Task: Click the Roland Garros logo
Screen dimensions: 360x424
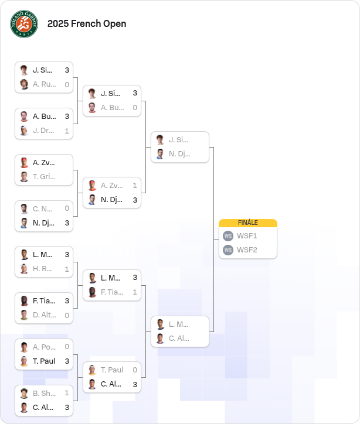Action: [24, 24]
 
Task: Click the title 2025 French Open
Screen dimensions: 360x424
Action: [87, 24]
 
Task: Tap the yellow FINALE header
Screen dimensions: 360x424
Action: [248, 223]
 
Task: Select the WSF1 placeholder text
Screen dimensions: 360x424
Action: [247, 236]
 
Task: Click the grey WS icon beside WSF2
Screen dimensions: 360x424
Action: [228, 250]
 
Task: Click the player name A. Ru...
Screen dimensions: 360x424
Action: [45, 84]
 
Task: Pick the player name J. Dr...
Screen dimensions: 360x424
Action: [43, 131]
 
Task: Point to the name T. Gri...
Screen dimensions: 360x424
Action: [44, 177]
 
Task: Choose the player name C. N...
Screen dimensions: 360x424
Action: [42, 209]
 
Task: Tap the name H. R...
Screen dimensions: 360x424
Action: [42, 269]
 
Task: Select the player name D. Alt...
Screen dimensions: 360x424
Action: [45, 315]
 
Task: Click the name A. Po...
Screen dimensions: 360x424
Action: [45, 347]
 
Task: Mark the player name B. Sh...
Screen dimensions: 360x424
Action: [45, 393]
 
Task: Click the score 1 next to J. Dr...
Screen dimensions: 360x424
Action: [67, 131]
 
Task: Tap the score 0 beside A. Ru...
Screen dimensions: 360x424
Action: [67, 85]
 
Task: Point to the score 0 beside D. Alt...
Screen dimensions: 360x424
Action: [67, 315]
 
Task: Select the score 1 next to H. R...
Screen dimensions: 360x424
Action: [67, 269]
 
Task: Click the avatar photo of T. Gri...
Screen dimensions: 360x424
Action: [24, 177]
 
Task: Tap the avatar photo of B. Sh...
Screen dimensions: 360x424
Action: [24, 393]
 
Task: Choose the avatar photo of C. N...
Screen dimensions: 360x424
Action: [24, 208]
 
